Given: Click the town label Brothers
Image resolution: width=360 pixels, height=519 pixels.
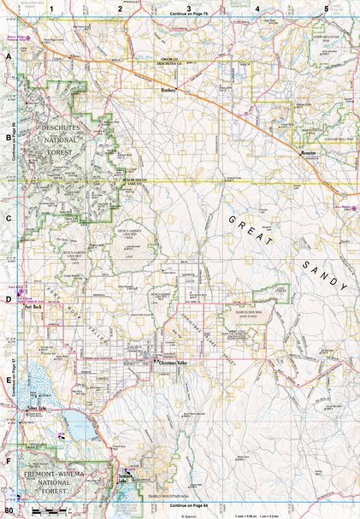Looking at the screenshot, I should [168, 88].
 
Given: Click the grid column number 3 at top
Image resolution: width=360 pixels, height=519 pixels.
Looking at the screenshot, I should [188, 9].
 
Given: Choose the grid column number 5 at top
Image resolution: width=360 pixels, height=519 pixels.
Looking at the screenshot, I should [326, 9].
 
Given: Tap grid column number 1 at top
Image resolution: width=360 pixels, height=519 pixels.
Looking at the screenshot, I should [51, 9].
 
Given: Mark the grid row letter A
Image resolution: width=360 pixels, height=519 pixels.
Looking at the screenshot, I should [9, 54].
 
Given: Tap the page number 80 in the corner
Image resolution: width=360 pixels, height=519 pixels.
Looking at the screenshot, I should [9, 512].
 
